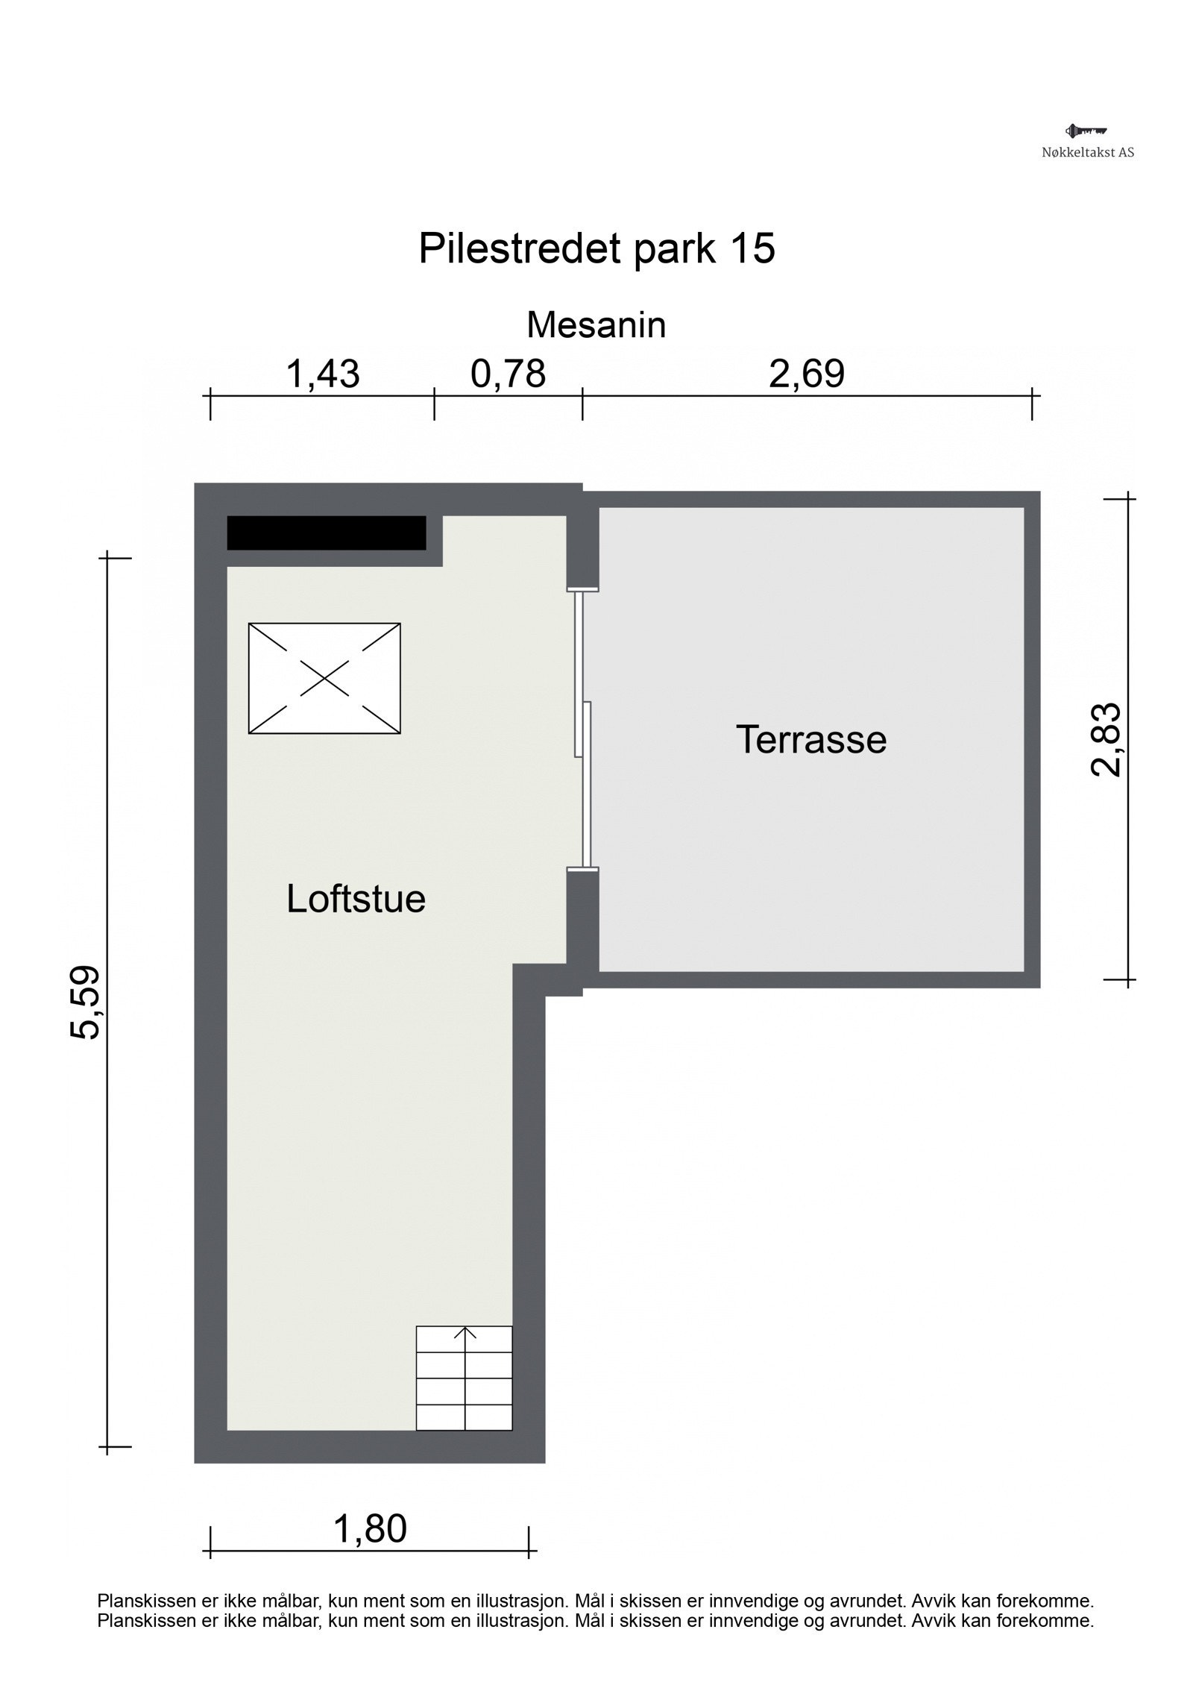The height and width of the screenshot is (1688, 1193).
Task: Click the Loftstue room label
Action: [x=356, y=900]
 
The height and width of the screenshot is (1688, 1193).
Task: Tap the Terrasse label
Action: [x=811, y=740]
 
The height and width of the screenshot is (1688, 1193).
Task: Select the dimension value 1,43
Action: [x=323, y=374]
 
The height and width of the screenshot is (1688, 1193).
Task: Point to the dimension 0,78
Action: [x=509, y=374]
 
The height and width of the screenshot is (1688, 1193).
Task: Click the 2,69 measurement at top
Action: [x=807, y=374]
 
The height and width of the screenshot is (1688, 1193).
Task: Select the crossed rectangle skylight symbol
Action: [x=324, y=679]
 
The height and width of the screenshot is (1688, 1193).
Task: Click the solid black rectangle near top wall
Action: [x=326, y=533]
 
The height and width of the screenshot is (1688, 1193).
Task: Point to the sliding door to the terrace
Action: [x=582, y=730]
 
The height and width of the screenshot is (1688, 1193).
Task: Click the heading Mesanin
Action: [x=596, y=325]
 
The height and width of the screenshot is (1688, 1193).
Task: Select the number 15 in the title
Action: [x=752, y=248]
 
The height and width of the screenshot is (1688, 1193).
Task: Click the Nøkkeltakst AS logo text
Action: [x=1088, y=152]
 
